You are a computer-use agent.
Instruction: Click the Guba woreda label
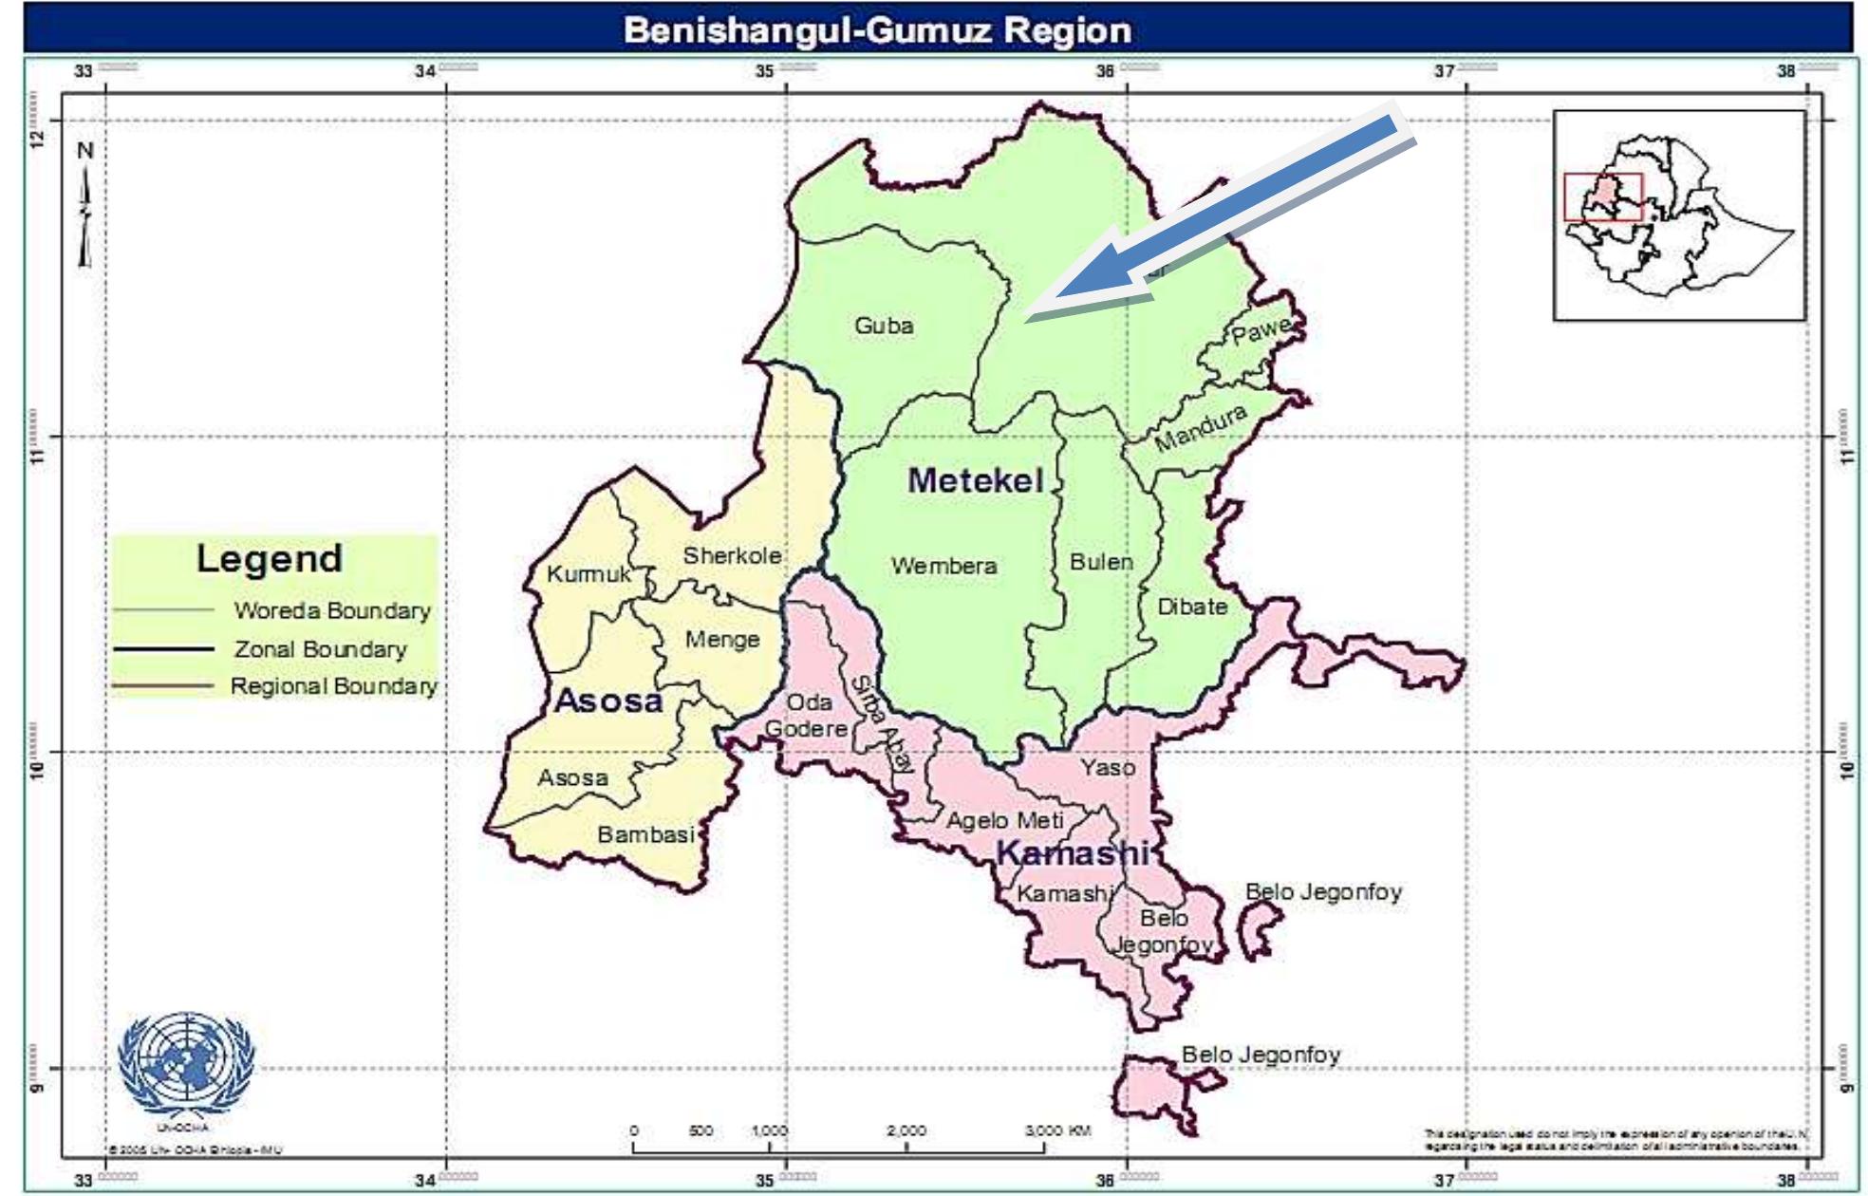tap(884, 327)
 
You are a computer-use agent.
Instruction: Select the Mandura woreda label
tap(1200, 429)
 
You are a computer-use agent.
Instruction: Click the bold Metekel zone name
tap(975, 480)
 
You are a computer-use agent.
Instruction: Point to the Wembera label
tap(943, 567)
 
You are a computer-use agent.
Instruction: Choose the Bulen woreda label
tap(1101, 562)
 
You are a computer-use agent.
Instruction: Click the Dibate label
tap(1192, 607)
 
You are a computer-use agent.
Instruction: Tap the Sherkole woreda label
tap(732, 556)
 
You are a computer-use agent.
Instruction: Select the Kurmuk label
tap(588, 574)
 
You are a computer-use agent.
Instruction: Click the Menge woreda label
tap(722, 640)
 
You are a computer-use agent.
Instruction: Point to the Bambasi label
tap(645, 835)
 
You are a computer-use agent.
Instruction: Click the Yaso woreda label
tap(1107, 767)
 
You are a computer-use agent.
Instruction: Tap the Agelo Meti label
tap(1005, 820)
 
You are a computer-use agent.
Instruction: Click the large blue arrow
tap(1224, 218)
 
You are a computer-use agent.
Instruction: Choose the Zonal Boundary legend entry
tap(320, 650)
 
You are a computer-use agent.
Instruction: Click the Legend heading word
tap(270, 558)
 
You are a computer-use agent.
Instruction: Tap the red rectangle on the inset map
tap(1603, 196)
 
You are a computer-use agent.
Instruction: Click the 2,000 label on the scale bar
tap(906, 1131)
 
